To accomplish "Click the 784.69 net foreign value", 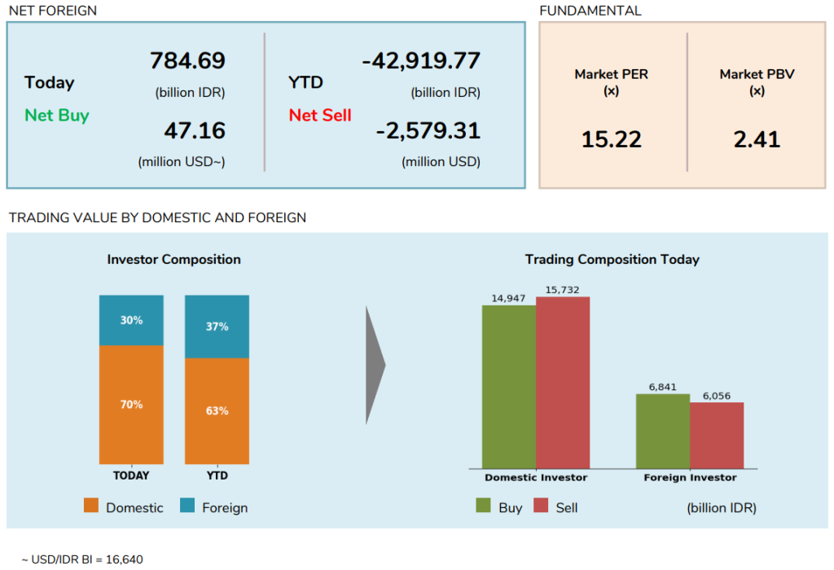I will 187,61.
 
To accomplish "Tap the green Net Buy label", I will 56,115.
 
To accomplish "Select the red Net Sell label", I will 320,115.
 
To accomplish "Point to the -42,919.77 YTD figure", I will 421,61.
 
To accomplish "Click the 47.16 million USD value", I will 194,130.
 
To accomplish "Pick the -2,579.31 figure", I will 428,130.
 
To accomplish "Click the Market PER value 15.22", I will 611,139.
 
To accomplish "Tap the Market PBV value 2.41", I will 757,139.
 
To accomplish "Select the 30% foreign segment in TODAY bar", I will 131,320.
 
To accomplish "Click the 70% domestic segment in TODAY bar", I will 131,405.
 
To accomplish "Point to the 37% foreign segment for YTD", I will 217,327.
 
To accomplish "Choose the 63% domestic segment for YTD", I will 217,411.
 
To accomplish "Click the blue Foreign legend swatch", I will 187,506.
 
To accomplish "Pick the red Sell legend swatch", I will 541,506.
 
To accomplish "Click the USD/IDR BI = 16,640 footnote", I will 82,559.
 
